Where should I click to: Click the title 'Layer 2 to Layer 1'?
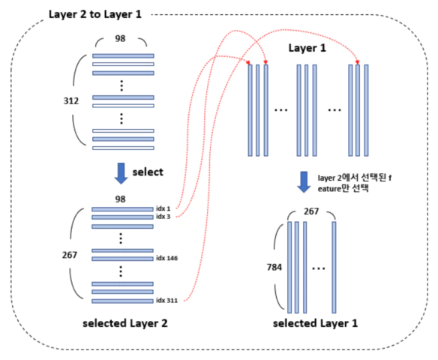(x=95, y=14)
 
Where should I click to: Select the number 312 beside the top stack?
(x=71, y=100)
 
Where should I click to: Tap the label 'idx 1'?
(x=163, y=208)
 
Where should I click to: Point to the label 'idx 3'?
(x=163, y=217)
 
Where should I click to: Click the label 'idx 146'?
(x=166, y=258)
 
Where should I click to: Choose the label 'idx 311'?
(x=166, y=301)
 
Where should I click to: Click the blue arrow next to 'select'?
(x=121, y=173)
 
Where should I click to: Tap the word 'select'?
(x=148, y=172)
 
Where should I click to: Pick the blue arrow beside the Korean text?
(x=304, y=182)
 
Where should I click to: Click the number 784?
(x=274, y=267)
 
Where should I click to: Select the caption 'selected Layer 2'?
(x=125, y=323)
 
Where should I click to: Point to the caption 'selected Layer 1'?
(x=315, y=323)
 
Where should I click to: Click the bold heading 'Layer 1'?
(x=307, y=48)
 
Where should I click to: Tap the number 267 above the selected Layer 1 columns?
(x=311, y=211)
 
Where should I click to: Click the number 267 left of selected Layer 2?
(x=70, y=255)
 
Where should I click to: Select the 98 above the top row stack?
(x=121, y=38)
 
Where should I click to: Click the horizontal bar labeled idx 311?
(x=123, y=301)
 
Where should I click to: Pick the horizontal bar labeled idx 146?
(x=123, y=259)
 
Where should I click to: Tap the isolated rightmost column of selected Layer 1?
(x=334, y=267)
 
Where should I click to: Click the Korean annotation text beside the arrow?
(x=355, y=183)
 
